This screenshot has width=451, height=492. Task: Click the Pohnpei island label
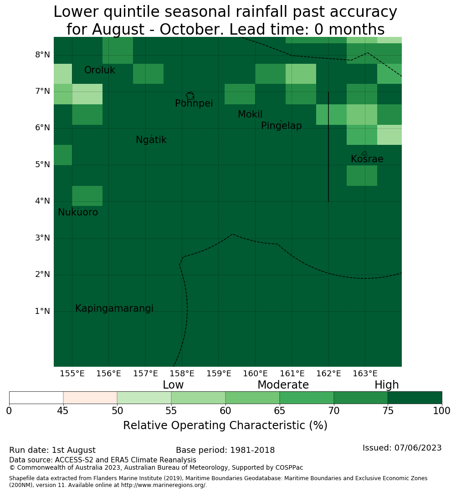coord(194,103)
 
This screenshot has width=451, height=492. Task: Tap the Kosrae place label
coord(367,159)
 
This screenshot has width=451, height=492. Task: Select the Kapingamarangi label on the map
coord(114,308)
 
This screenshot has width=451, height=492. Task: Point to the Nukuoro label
coord(78,212)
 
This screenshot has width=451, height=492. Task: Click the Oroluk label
coord(100,70)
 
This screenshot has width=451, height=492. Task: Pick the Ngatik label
coord(151,140)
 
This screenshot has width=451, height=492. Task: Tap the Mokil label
coord(250,114)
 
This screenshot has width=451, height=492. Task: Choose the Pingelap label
coord(282,126)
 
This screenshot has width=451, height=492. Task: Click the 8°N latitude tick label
coord(42,55)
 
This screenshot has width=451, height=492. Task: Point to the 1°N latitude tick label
coord(42,311)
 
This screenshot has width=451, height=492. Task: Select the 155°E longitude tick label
coord(72,374)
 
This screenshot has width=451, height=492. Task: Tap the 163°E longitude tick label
coord(365,374)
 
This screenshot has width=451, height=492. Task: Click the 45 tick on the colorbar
coord(63,411)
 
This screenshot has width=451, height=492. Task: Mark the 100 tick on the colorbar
coord(441,411)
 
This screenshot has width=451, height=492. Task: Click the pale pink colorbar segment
coord(90,398)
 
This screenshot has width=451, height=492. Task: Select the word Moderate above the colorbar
coord(283,384)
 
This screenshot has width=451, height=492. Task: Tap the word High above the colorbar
coord(387,385)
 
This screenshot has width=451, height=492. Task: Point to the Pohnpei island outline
coord(190,96)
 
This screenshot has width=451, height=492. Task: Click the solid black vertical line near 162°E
coord(328,147)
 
